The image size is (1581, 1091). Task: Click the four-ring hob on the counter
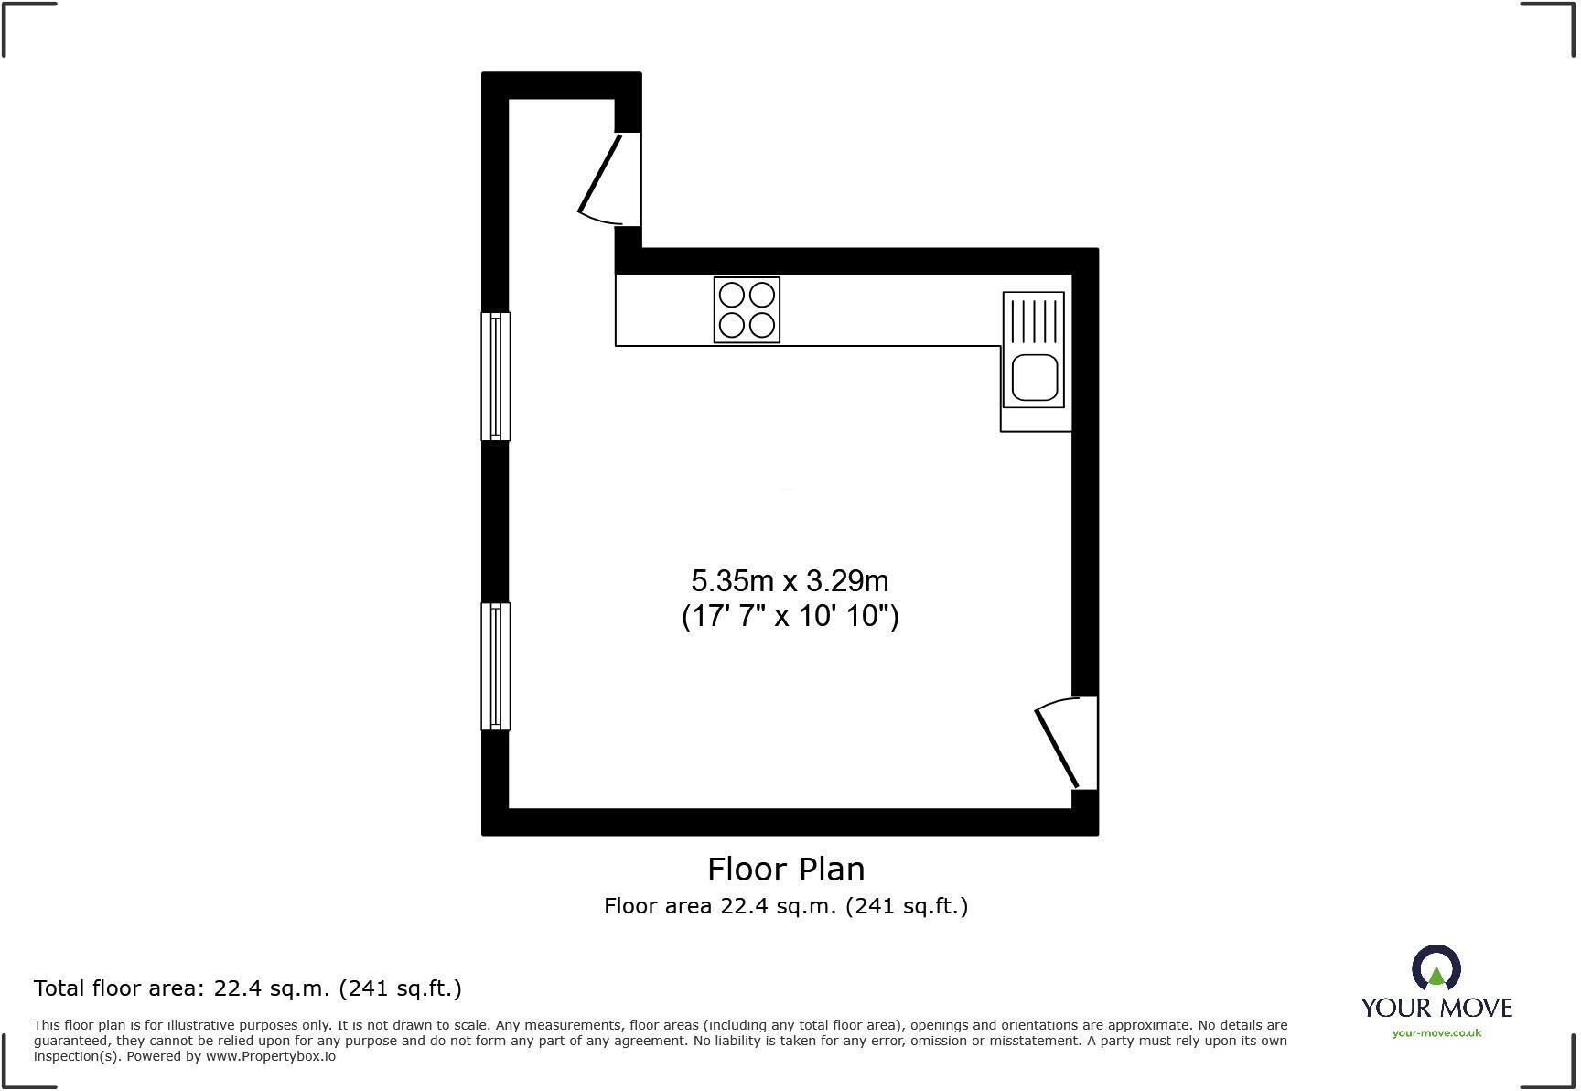tap(747, 310)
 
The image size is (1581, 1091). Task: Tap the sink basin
tap(1034, 377)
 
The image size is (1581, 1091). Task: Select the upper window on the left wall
tap(495, 376)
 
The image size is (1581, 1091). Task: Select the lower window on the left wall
tap(495, 666)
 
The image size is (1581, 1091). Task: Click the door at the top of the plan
tap(604, 178)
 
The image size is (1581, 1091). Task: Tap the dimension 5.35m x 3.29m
tap(790, 581)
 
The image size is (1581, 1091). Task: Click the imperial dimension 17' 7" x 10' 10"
tap(790, 616)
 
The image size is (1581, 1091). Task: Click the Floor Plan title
tap(786, 869)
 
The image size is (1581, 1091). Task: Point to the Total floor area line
tap(247, 988)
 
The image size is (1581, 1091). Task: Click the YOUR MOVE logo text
tap(1436, 1008)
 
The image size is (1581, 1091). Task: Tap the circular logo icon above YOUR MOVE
tap(1436, 968)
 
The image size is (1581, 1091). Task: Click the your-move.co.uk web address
tap(1436, 1033)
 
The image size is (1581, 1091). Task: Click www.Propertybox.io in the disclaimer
tap(270, 1056)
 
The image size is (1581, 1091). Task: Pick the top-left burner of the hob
tap(732, 295)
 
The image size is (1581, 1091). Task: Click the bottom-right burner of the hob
tap(762, 325)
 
